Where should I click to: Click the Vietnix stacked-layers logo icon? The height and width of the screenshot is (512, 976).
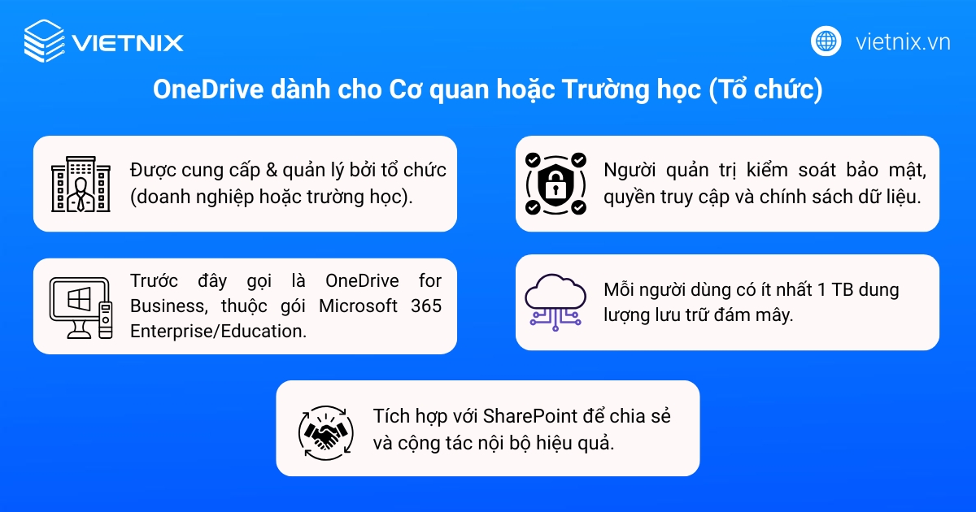[x=43, y=41]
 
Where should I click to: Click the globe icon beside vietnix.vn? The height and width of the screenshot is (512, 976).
[x=826, y=41]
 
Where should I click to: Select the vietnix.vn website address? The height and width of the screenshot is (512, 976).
[x=903, y=42]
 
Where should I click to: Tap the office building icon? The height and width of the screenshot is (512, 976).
[x=80, y=184]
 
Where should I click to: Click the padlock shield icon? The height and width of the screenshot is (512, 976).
[x=556, y=184]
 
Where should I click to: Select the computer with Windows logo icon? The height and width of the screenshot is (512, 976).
[x=80, y=307]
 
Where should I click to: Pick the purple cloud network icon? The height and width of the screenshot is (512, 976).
[x=556, y=301]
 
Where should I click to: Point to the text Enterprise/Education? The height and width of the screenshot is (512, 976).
[x=218, y=332]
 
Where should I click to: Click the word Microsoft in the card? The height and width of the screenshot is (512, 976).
[x=358, y=306]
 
